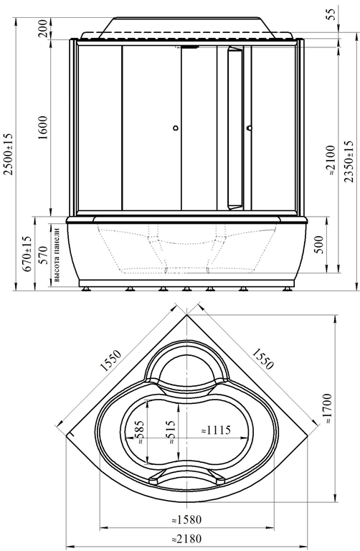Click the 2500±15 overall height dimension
click(7, 154)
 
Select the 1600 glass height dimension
click(44, 127)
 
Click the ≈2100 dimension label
click(331, 162)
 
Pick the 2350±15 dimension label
click(349, 161)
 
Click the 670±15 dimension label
click(27, 253)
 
